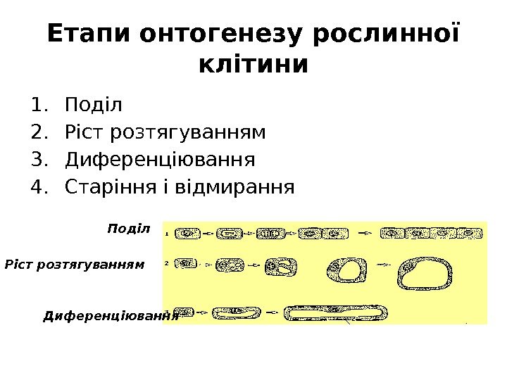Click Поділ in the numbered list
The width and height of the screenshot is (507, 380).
[x=93, y=106]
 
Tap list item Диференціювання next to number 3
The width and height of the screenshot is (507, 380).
[x=159, y=160]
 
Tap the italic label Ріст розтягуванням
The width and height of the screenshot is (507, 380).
[x=74, y=265]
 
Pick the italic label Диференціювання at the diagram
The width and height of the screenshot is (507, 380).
[x=110, y=316]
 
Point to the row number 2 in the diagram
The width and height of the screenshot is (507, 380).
[x=166, y=262]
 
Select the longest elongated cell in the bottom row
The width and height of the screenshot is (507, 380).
[x=334, y=312]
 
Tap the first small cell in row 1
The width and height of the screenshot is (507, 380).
[x=187, y=232]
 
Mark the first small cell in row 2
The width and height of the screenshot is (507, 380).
[x=185, y=264]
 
